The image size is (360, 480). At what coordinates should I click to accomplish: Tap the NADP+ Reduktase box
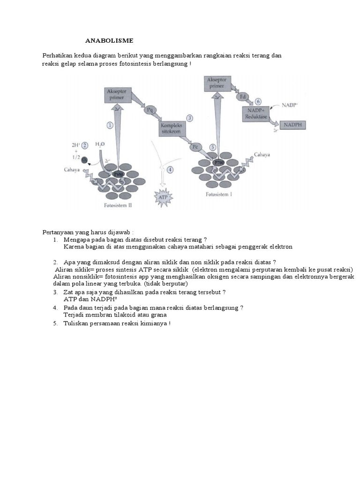pyautogui.click(x=255, y=113)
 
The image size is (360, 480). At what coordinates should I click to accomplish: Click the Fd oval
pyautogui.click(x=243, y=96)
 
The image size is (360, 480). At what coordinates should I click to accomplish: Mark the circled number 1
pyautogui.click(x=110, y=125)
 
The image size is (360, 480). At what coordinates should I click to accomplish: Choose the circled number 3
pyautogui.click(x=190, y=118)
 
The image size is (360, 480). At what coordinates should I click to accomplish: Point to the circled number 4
pyautogui.click(x=170, y=169)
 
